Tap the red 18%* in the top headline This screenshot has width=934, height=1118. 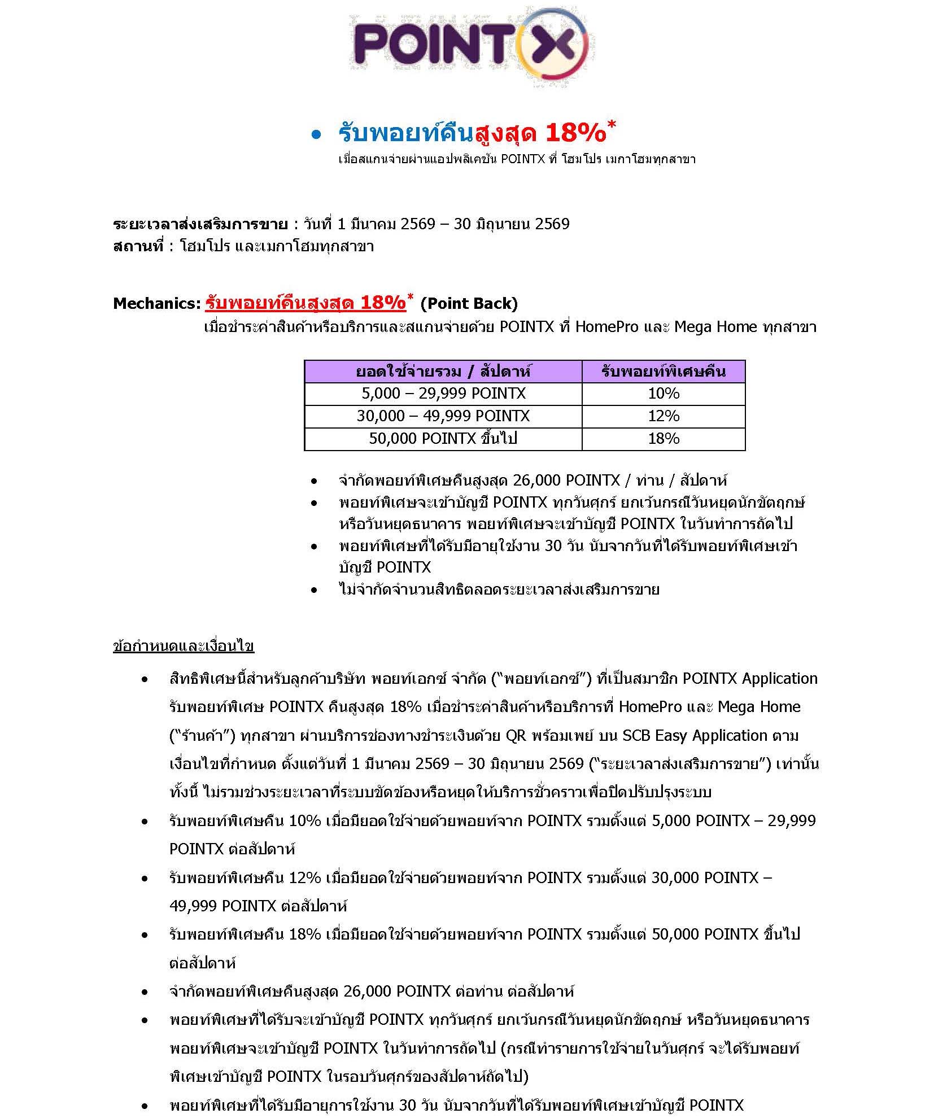(x=579, y=133)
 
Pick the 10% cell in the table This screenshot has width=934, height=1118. (x=663, y=394)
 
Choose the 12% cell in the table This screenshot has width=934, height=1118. (x=663, y=416)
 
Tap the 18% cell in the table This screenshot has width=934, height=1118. (x=663, y=439)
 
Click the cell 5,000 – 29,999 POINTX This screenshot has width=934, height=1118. (x=443, y=394)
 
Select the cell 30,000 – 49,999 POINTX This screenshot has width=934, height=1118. (x=443, y=416)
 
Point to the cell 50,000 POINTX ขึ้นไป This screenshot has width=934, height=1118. (x=443, y=439)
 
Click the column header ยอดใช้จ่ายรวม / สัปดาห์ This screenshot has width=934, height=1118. (x=443, y=372)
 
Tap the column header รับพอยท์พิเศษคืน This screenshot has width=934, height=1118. (x=663, y=372)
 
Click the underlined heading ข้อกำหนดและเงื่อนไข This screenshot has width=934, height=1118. (x=184, y=646)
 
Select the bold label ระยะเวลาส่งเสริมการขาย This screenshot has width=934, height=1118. (x=200, y=224)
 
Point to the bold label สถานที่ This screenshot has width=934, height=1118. (x=138, y=247)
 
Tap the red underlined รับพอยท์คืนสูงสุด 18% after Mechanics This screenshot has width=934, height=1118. (x=305, y=303)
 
